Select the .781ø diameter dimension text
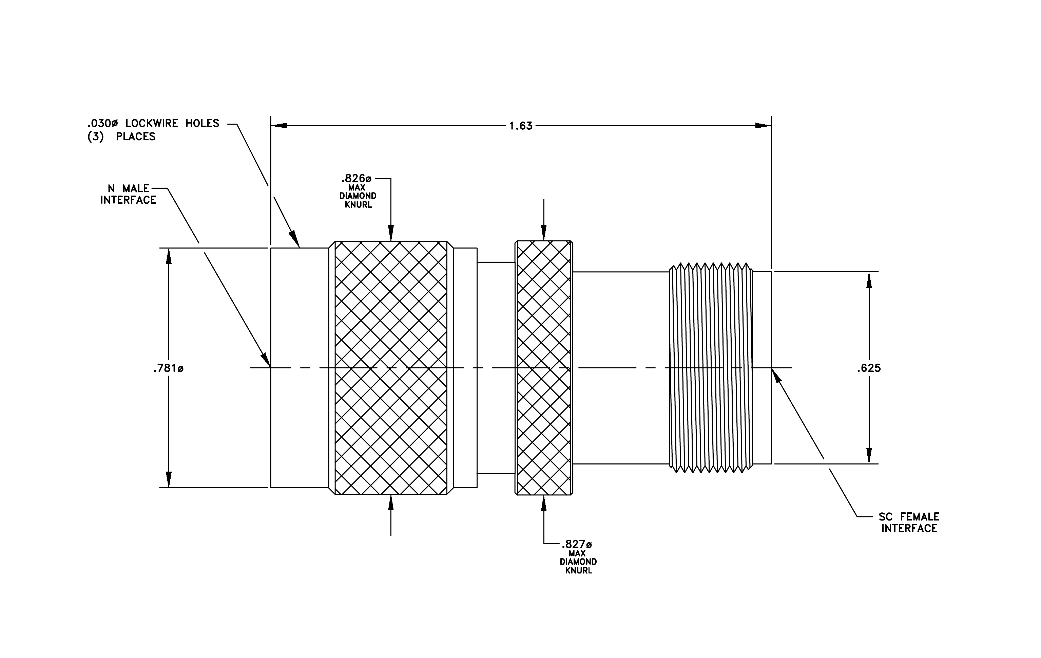point(168,368)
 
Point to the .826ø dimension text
point(356,179)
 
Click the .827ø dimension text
point(577,544)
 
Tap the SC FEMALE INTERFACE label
point(909,522)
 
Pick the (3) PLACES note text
point(121,137)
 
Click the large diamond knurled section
point(391,368)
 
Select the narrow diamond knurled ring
point(544,368)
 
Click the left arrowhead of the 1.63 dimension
point(279,126)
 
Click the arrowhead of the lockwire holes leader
point(294,239)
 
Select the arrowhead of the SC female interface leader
point(777,376)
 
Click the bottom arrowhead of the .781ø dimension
point(169,479)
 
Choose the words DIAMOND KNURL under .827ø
point(578,566)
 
